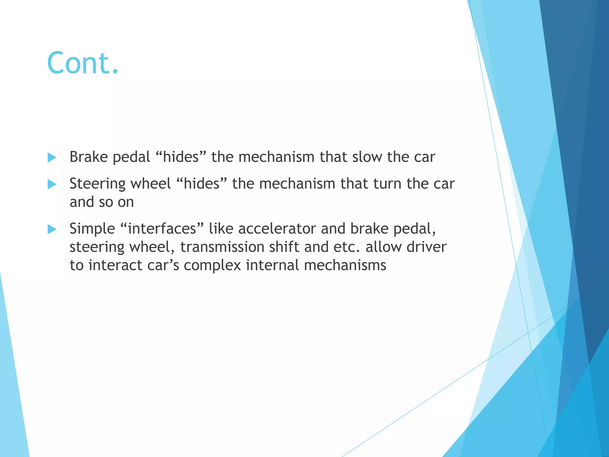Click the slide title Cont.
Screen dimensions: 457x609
83,63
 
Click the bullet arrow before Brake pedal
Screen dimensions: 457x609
52,157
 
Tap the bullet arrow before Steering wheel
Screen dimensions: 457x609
52,184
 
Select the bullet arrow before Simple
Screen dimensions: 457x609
52,229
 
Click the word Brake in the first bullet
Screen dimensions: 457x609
89,157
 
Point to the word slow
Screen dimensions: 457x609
367,157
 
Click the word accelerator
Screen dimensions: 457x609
277,228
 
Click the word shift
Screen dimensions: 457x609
284,247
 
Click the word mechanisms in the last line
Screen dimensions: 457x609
345,265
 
